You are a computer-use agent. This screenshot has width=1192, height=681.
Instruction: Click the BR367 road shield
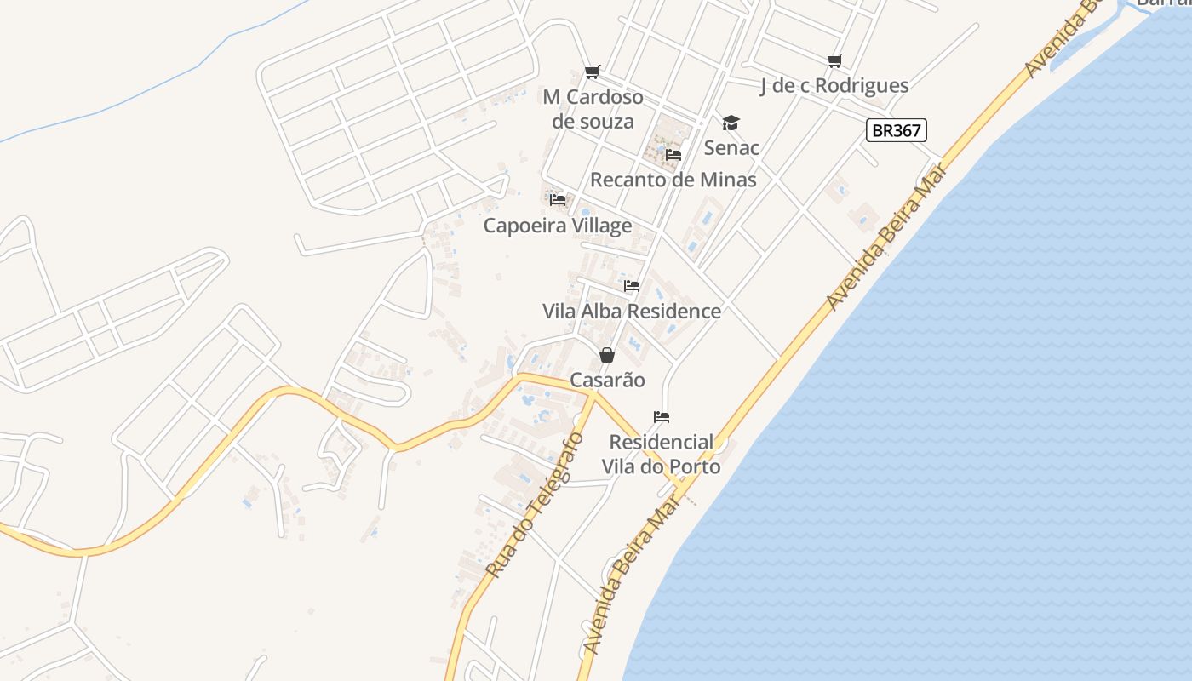click(x=896, y=130)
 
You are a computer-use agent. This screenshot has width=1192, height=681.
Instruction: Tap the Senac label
click(x=731, y=147)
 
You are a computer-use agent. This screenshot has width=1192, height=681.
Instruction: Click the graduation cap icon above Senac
click(x=731, y=123)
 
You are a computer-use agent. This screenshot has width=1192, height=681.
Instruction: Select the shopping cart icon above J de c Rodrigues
click(x=834, y=60)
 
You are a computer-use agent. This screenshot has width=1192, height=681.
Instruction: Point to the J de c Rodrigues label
click(x=834, y=85)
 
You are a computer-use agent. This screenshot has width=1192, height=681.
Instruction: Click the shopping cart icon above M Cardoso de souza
click(x=593, y=72)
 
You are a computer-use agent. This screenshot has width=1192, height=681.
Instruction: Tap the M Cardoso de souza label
click(x=593, y=109)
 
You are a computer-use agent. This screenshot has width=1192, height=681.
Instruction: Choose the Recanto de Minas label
click(x=673, y=180)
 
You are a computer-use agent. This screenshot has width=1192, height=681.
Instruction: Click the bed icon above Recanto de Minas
click(x=673, y=155)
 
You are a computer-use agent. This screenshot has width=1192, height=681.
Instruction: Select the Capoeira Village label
click(x=558, y=225)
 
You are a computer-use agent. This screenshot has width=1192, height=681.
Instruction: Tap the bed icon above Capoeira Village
click(x=558, y=200)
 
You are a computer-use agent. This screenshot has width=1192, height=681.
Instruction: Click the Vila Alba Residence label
click(x=632, y=311)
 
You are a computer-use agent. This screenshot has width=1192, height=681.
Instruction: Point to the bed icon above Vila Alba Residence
click(x=632, y=286)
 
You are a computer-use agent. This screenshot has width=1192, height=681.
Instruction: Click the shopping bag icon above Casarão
click(x=607, y=355)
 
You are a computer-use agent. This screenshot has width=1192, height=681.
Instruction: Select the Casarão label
click(x=607, y=380)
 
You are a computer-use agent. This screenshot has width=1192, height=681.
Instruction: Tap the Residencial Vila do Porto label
click(x=662, y=454)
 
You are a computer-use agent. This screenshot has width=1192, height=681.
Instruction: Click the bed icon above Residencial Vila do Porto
click(x=662, y=417)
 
